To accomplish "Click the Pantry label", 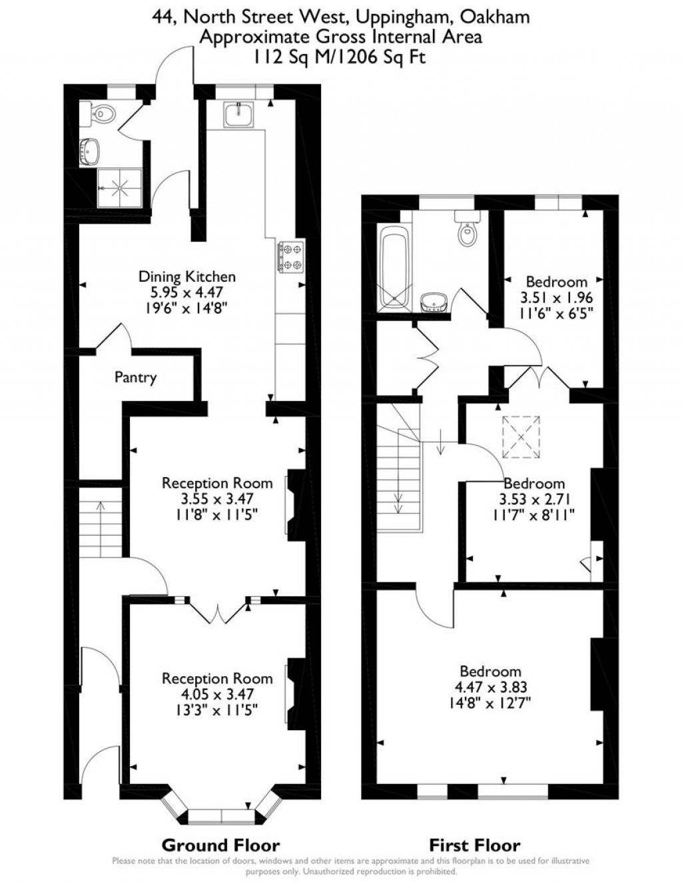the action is point(135,378).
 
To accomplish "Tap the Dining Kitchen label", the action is point(187,276).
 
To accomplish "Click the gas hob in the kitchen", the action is point(290,256).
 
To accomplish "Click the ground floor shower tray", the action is point(120,187).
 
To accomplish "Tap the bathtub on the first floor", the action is point(393,268).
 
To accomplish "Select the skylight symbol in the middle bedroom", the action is point(521,437).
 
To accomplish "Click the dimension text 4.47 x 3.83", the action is point(491,687).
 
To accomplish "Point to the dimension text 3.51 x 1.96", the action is point(556,298).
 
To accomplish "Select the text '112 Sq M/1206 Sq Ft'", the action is point(340,57).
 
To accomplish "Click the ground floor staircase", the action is point(100,528).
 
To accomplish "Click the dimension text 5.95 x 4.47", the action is point(186,292).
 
